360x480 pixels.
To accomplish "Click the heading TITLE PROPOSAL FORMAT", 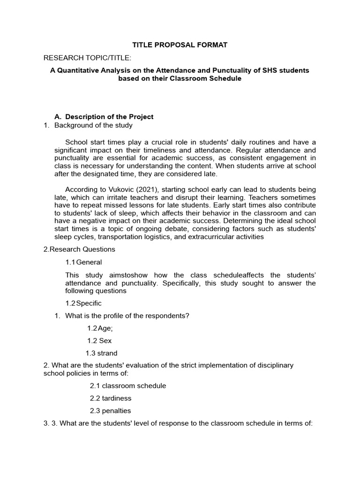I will [x=180, y=45].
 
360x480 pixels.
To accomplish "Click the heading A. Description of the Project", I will [x=104, y=117].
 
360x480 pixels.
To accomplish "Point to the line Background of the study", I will [x=93, y=125].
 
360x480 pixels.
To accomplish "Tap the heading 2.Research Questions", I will [x=79, y=249].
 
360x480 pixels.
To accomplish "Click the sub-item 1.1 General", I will [x=83, y=262].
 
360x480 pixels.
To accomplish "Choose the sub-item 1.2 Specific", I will [x=83, y=303].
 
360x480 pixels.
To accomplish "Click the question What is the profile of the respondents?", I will [x=127, y=315].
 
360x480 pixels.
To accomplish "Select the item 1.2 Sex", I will [x=99, y=341].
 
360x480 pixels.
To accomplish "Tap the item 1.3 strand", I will [x=101, y=353].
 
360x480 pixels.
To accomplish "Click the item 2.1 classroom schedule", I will [x=128, y=386].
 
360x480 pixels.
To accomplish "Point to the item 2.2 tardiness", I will [x=111, y=398].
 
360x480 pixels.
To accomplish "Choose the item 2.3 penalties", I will [x=111, y=411].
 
